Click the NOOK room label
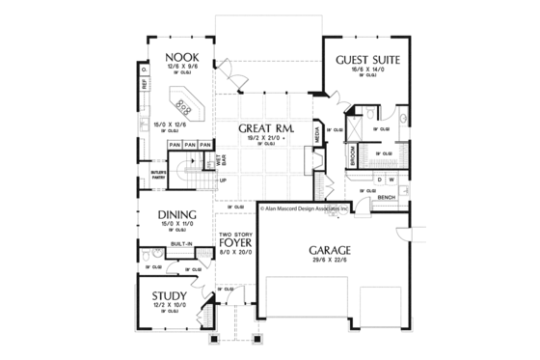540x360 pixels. pyautogui.click(x=180, y=56)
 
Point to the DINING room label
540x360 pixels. pyautogui.click(x=170, y=215)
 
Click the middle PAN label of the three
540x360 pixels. pyautogui.click(x=190, y=145)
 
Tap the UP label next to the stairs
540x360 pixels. pyautogui.click(x=224, y=180)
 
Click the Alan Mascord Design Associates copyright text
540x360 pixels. pyautogui.click(x=317, y=206)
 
